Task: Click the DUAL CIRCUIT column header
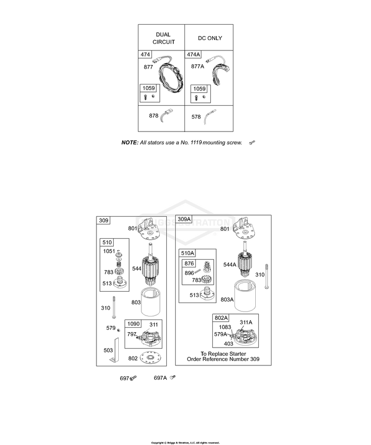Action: click(x=164, y=38)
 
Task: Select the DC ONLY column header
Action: click(x=210, y=38)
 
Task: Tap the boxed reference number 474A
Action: click(x=193, y=54)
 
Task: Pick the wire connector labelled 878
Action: click(x=166, y=114)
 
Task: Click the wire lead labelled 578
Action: click(x=209, y=116)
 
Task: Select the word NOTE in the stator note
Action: click(x=130, y=142)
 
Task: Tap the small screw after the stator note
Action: click(x=252, y=142)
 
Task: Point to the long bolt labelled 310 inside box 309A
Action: click(x=267, y=276)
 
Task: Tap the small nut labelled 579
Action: click(x=119, y=330)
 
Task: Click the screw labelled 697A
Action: click(x=173, y=377)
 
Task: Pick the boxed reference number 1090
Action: click(x=133, y=324)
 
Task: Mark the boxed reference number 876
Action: click(x=189, y=264)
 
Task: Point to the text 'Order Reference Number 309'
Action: click(x=223, y=359)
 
